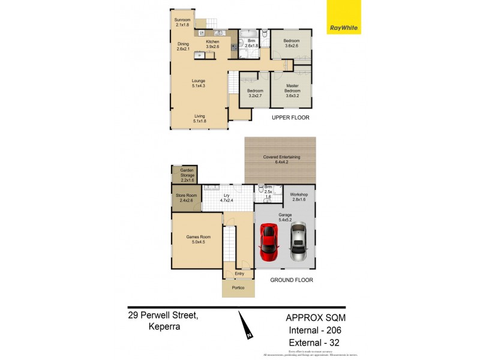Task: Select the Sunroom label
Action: click(182, 22)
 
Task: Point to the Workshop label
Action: click(299, 197)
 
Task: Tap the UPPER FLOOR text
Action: click(290, 118)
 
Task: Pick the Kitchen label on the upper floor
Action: click(212, 44)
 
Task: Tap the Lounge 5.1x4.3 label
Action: click(199, 83)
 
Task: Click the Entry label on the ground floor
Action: click(239, 274)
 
